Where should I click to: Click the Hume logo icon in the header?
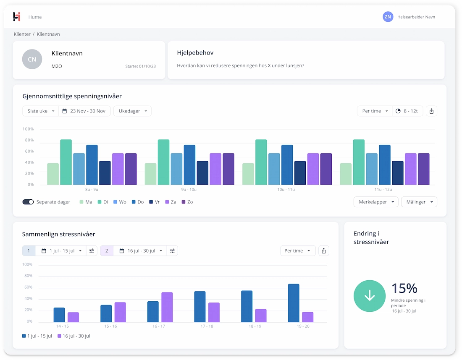(17, 17)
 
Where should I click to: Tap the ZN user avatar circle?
(388, 17)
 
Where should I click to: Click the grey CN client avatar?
(32, 59)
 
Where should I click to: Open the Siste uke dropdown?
(41, 111)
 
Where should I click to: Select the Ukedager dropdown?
(132, 111)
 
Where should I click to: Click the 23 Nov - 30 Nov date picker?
(84, 111)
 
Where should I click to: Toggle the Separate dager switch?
(28, 202)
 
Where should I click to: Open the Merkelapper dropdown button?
(376, 202)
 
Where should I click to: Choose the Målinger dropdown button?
(419, 202)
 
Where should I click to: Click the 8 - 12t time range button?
(407, 111)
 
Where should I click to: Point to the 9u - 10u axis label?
(189, 190)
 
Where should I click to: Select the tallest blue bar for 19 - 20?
(294, 303)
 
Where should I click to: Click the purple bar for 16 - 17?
(167, 307)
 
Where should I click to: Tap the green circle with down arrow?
(370, 296)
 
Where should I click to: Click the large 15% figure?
(404, 288)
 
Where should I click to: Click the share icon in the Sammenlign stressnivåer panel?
(323, 251)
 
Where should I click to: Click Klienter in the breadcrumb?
(22, 34)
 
